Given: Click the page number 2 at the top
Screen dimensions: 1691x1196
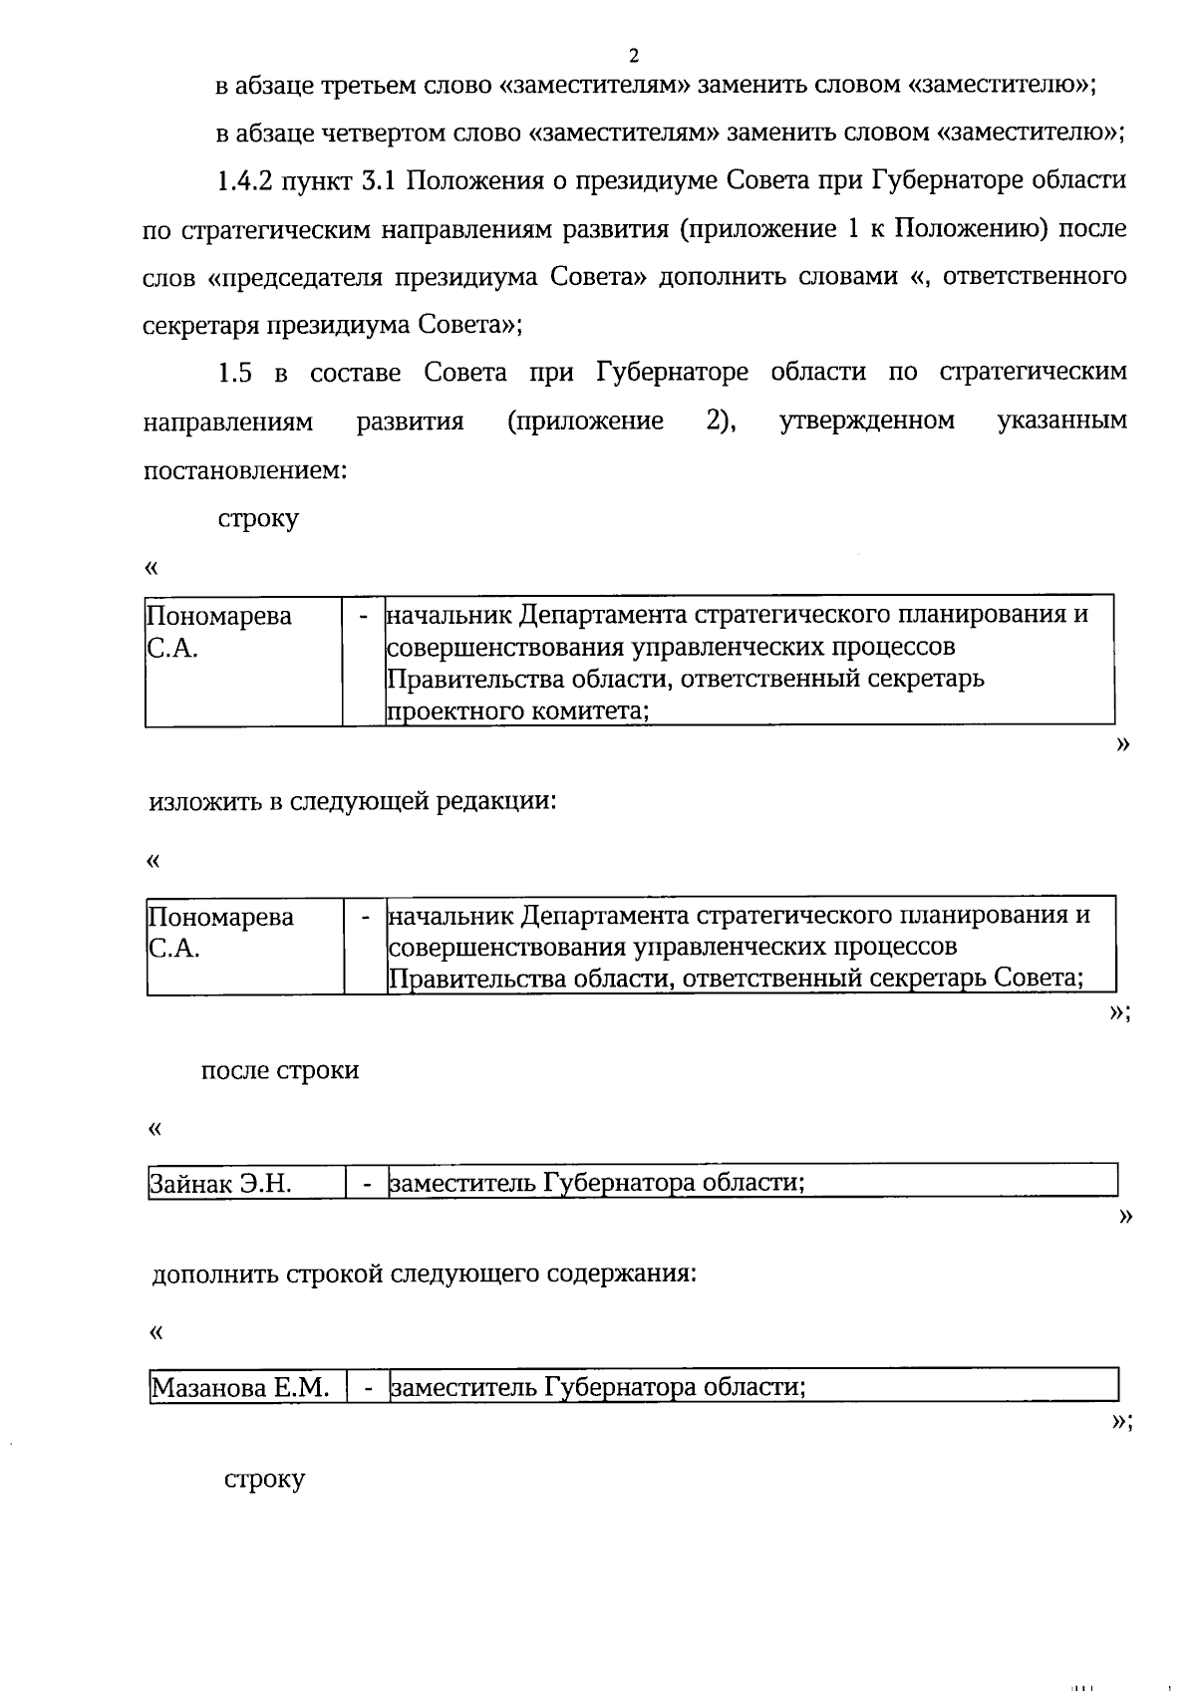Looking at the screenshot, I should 634,55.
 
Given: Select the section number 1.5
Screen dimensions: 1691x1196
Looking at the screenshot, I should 235,374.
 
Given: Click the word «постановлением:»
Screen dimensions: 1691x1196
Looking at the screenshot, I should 244,469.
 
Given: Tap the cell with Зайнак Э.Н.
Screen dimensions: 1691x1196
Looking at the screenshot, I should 220,1184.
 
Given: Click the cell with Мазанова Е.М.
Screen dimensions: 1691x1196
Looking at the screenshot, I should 240,1388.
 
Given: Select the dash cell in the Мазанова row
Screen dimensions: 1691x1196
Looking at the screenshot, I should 369,1388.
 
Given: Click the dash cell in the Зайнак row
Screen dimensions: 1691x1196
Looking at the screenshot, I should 368,1184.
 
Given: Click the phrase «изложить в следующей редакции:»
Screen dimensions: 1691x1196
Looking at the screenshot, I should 352,801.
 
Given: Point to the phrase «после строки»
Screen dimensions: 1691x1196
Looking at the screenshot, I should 280,1071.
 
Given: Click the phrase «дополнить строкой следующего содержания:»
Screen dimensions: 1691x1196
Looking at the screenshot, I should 424,1274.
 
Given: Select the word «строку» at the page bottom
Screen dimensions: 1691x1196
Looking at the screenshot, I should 264,1479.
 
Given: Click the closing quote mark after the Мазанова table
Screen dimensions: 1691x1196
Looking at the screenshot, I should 1121,1422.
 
